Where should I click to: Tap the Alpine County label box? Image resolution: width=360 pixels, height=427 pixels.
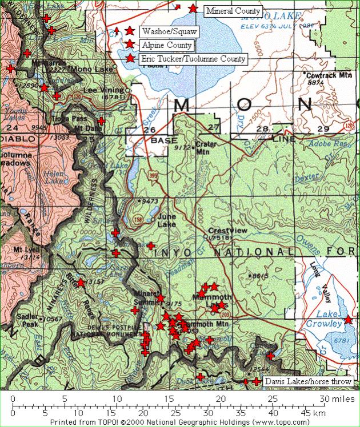point(167,45)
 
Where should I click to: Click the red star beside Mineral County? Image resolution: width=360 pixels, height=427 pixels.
point(193,9)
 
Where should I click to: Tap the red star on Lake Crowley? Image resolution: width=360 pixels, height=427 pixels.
point(348,320)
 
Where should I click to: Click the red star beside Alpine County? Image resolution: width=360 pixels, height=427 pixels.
point(130,45)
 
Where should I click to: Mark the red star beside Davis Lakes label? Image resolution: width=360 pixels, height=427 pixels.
point(257,381)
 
